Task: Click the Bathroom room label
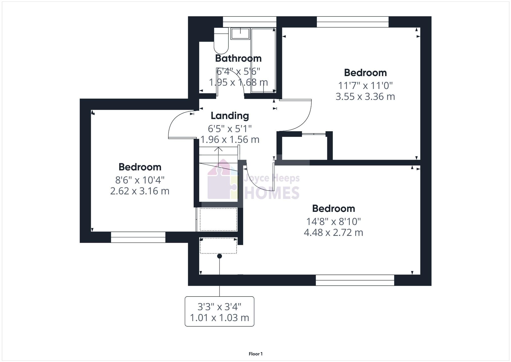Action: click(238, 58)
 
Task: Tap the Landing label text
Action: click(230, 116)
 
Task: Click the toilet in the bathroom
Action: click(221, 42)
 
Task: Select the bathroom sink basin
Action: click(240, 34)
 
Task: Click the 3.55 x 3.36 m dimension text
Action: click(365, 97)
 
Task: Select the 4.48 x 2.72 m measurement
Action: click(333, 233)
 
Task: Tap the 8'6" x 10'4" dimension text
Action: click(140, 180)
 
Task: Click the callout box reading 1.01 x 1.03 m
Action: click(219, 312)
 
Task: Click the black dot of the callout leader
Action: click(219, 256)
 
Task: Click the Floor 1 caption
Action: click(255, 354)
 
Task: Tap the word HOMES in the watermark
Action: click(272, 193)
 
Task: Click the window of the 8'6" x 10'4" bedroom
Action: click(138, 237)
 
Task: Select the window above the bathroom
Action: click(249, 22)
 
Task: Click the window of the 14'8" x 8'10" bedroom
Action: click(355, 280)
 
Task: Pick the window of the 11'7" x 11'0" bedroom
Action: click(352, 22)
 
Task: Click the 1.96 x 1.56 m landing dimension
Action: click(230, 140)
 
